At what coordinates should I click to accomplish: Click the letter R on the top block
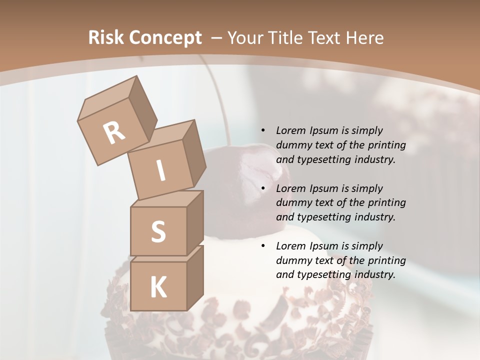click(114, 133)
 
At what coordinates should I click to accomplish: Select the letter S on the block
click(158, 232)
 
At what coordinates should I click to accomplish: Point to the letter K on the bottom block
click(158, 287)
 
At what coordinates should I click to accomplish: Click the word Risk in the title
click(106, 38)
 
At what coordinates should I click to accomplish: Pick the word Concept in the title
click(165, 38)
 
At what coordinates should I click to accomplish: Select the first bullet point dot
click(263, 131)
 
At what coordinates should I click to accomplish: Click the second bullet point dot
click(263, 188)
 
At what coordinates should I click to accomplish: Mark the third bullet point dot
click(263, 246)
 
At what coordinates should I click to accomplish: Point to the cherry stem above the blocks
click(220, 100)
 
